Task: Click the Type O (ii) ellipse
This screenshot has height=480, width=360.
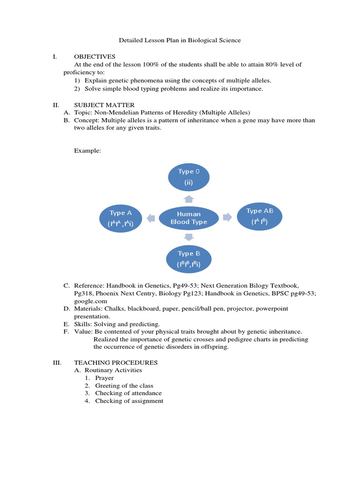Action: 188,177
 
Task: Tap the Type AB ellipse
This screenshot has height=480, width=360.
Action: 259,217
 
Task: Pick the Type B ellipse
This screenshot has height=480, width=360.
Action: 188,259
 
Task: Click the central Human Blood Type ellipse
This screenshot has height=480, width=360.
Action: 188,218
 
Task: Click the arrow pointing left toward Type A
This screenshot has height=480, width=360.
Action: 150,217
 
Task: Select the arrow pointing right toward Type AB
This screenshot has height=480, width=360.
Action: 227,217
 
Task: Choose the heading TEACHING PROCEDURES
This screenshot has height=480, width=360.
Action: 116,362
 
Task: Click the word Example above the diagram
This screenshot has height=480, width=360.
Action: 87,151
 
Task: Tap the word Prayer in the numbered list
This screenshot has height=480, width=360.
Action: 104,378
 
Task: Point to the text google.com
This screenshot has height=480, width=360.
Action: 90,301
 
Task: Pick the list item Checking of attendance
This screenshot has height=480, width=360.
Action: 128,393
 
